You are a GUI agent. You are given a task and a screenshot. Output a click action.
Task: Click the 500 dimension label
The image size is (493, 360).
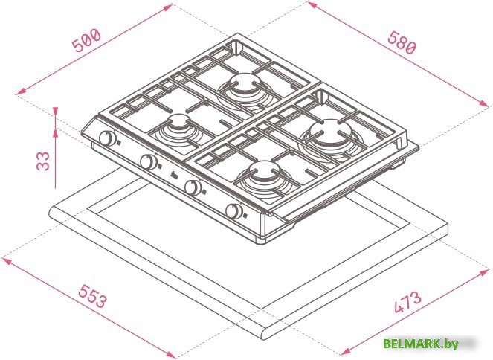(86, 40)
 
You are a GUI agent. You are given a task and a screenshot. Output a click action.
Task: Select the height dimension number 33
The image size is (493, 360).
(43, 161)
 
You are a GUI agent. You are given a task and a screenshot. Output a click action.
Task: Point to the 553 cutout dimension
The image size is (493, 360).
(92, 296)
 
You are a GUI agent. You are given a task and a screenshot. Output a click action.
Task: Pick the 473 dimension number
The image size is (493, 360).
(407, 302)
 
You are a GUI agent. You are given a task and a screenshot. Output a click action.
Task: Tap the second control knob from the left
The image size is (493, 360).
(149, 162)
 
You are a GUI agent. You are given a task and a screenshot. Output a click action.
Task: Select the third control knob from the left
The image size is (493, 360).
(193, 187)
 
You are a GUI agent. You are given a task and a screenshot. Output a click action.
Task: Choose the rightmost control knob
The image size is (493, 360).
(234, 211)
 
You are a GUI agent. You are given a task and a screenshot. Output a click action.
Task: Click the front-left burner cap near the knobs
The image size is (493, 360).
(179, 122)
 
